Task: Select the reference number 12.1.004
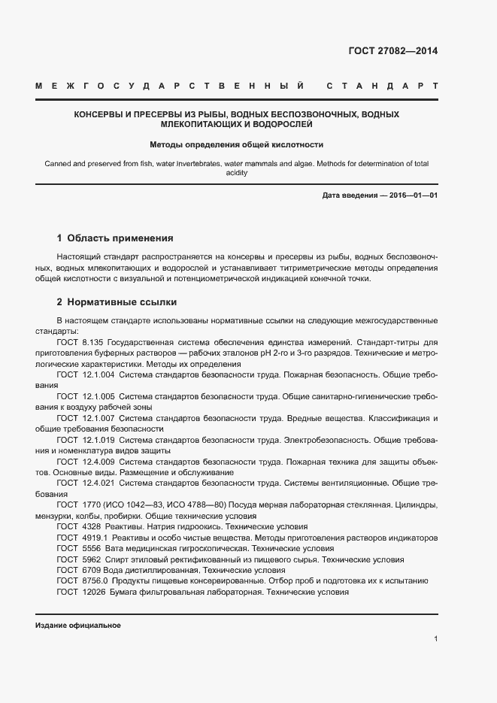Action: [x=98, y=374]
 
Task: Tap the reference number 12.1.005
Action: [x=98, y=395]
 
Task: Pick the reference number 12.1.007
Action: [x=98, y=417]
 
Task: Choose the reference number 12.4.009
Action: [x=98, y=461]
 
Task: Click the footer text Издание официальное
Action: [x=77, y=626]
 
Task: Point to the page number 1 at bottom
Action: [x=435, y=638]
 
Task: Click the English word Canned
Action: [x=59, y=163]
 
